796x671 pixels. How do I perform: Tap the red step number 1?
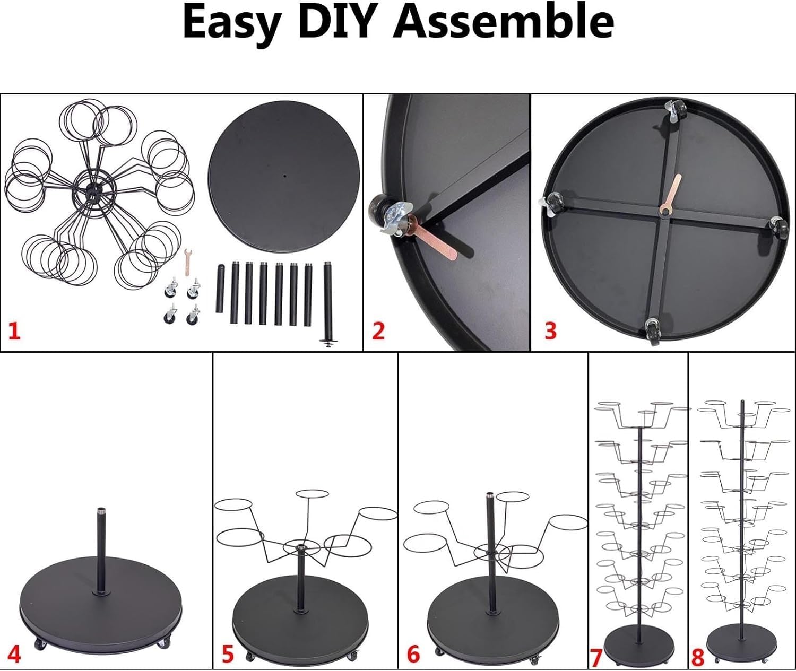coord(14,330)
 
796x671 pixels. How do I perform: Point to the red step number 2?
coord(378,330)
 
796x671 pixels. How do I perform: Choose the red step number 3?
coord(550,330)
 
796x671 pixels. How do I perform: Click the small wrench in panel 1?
coord(187,263)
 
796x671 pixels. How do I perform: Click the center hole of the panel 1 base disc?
coord(285,176)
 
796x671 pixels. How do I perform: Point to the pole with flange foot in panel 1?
coord(327,304)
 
